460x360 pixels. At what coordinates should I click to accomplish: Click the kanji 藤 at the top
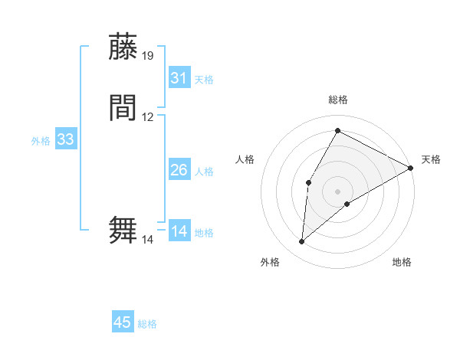pos(123,47)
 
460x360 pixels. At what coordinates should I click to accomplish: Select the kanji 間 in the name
pos(123,108)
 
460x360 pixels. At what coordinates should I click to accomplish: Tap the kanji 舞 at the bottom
pos(123,231)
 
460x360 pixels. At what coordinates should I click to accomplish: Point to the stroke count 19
pos(148,55)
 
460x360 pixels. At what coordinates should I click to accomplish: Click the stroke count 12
pos(148,117)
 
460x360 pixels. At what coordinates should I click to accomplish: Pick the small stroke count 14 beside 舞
pos(147,240)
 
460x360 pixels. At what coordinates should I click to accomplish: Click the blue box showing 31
pos(179,78)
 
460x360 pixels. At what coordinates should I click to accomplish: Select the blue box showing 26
pos(179,170)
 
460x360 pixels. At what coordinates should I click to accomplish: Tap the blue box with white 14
pos(179,231)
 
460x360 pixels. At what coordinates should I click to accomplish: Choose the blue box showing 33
pos(66,139)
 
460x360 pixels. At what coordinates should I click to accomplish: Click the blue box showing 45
pos(123,322)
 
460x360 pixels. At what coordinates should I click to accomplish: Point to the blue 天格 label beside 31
pos(204,80)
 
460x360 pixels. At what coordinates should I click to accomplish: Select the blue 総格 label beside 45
pos(147,324)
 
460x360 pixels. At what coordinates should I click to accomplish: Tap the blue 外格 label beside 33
pos(41,141)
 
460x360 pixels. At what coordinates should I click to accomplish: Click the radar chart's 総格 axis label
pos(338,100)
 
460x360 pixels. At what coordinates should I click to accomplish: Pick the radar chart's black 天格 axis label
pos(431,159)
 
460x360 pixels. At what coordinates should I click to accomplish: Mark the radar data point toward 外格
pos(302,242)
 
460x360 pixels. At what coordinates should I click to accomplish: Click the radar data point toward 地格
pos(347,204)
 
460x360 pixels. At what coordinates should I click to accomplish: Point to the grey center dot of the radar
pos(337,191)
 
